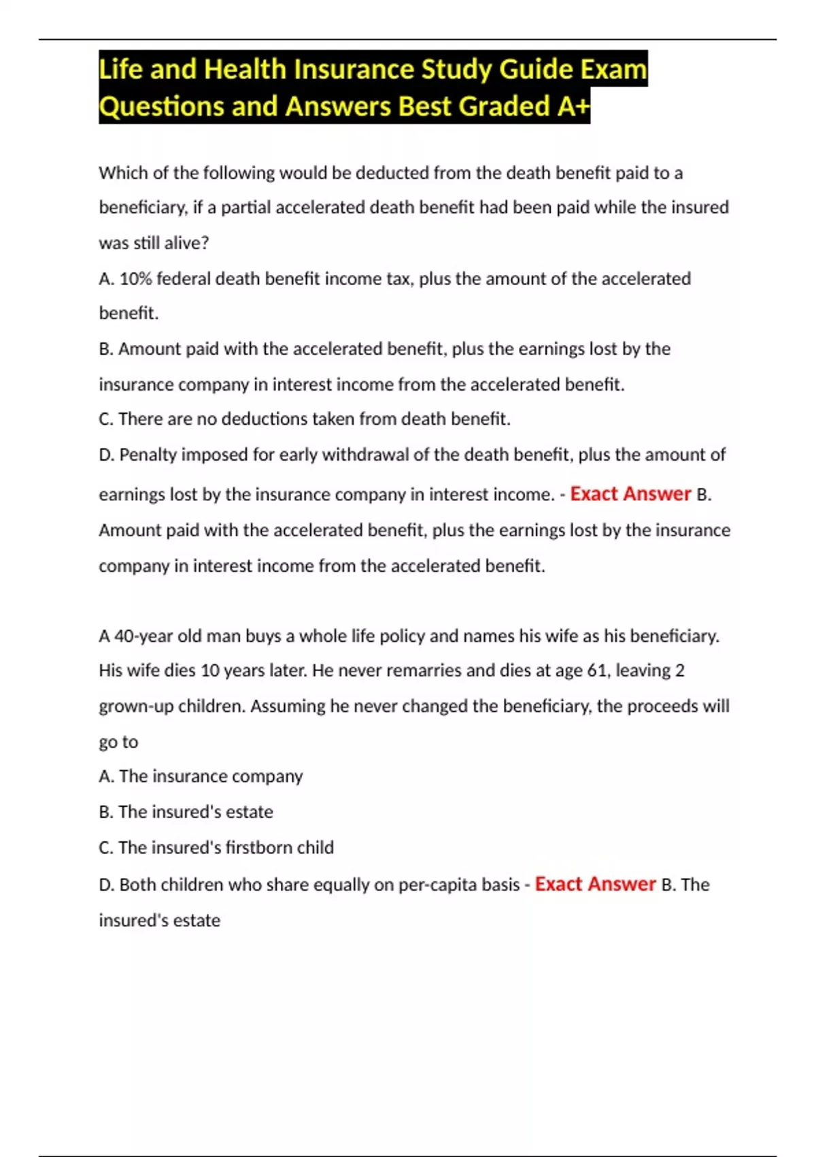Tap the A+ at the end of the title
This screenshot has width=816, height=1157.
click(x=573, y=106)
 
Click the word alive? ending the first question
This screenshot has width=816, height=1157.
click(x=186, y=243)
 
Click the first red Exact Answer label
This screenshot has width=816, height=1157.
click(x=630, y=493)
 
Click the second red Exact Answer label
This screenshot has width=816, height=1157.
click(x=595, y=884)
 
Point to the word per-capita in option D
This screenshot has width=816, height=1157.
click(x=437, y=885)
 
